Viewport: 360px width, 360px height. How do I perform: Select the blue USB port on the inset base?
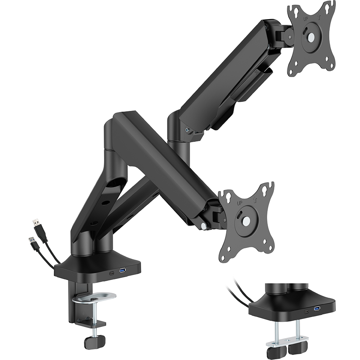[317, 309]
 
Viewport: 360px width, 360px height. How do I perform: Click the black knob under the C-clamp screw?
[94, 340]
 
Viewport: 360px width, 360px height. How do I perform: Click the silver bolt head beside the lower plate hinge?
[204, 226]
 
